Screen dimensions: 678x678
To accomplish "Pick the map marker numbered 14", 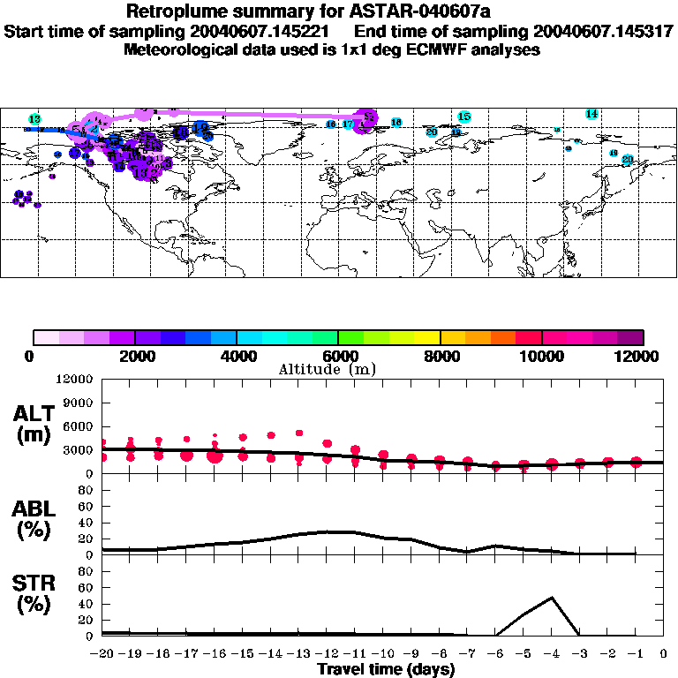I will click(x=591, y=114).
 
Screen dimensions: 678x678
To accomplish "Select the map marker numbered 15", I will click(x=464, y=117).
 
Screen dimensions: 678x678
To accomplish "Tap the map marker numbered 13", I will click(x=35, y=119).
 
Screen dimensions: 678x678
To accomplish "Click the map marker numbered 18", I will click(x=396, y=122).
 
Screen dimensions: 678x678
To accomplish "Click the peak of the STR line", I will click(x=552, y=598).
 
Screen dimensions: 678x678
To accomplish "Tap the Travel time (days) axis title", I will click(x=386, y=669).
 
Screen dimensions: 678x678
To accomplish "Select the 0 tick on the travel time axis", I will click(x=664, y=653).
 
